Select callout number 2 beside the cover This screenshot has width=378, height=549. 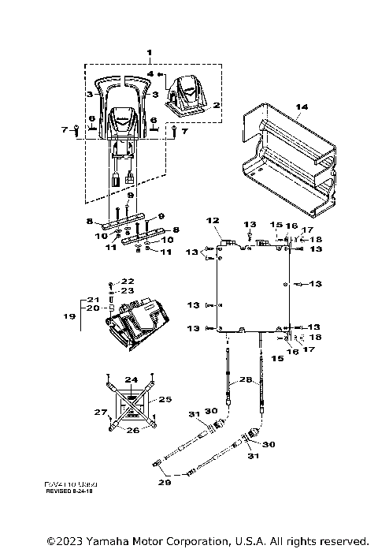[217, 104]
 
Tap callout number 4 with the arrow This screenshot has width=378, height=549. [150, 73]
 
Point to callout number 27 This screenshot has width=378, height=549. [99, 412]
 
